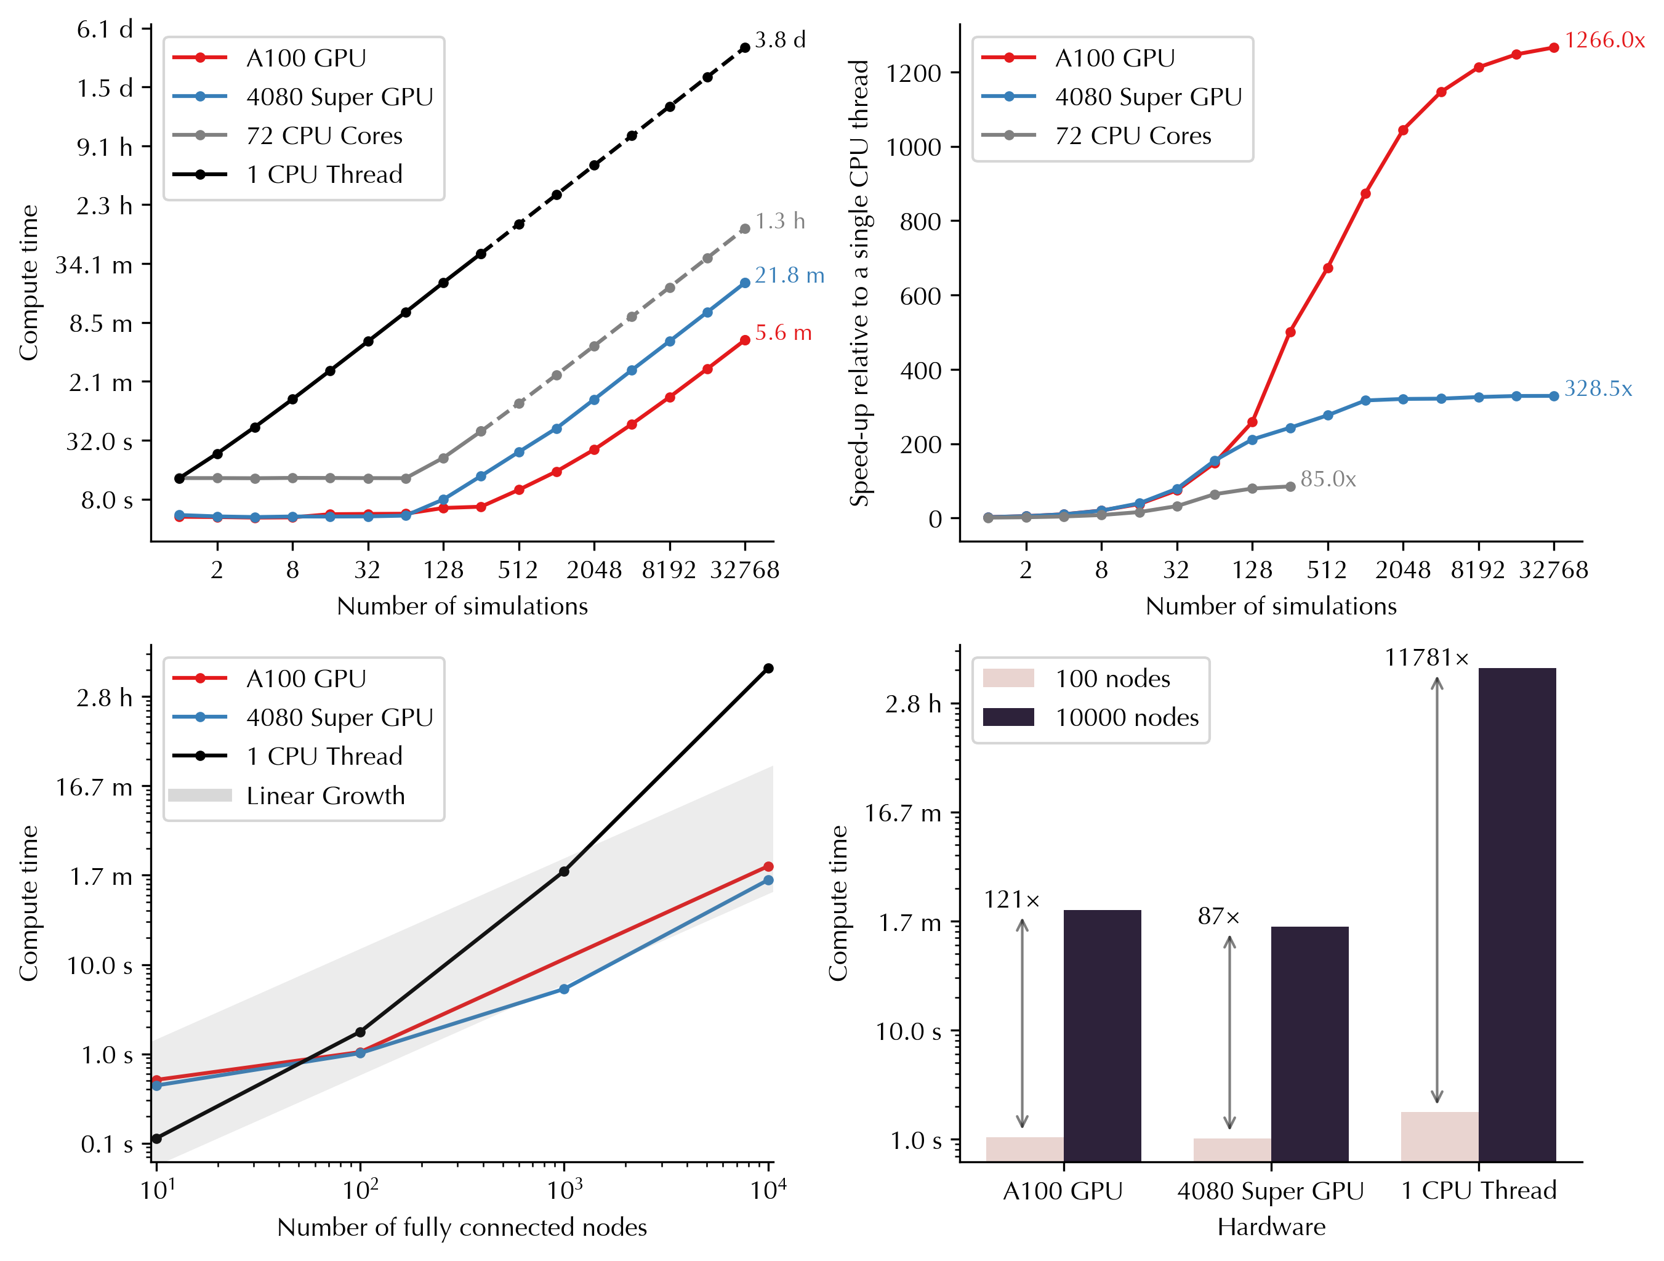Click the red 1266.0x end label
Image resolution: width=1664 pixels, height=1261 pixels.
1604,41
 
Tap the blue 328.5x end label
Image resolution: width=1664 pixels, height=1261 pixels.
1598,389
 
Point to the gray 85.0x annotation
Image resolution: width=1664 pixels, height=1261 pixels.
1328,479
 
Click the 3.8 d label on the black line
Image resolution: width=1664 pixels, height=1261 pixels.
780,40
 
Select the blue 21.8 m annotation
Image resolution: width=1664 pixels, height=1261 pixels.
789,275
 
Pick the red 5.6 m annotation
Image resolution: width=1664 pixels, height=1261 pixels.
783,332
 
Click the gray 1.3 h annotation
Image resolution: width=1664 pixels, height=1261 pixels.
780,221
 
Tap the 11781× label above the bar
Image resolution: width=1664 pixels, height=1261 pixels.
1426,658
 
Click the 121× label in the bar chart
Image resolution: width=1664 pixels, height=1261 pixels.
1012,900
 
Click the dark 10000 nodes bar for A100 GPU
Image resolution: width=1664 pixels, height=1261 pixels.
1102,1035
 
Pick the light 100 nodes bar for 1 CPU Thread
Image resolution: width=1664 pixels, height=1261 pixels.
1439,1136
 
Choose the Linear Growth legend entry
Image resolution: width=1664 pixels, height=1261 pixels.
325,796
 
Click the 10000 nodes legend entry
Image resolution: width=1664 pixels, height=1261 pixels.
1126,717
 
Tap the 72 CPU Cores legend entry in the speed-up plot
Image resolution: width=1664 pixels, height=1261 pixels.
1132,135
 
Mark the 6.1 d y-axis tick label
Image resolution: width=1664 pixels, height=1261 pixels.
105,30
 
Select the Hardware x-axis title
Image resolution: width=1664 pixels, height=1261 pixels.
1271,1227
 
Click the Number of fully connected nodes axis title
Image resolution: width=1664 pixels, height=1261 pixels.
462,1227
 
